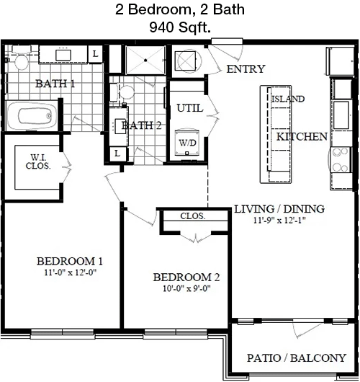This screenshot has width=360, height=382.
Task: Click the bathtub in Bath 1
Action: (x=32, y=116)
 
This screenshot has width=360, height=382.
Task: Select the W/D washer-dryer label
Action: (x=187, y=143)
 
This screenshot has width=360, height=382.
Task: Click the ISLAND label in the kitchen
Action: (x=288, y=99)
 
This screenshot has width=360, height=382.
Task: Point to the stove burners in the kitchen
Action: (x=341, y=159)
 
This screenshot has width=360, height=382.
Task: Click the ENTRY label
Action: (x=246, y=69)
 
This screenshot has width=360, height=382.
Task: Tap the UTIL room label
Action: (x=190, y=108)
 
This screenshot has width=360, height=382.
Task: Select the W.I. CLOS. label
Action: (x=38, y=161)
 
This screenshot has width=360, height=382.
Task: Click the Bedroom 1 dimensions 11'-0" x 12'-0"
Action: (x=71, y=272)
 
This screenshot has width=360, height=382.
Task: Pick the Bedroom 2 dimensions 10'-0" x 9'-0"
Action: (x=186, y=289)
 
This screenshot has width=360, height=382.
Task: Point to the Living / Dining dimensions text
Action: (x=279, y=221)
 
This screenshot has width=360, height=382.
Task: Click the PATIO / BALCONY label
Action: (x=297, y=358)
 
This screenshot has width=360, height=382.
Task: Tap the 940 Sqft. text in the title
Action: (x=180, y=27)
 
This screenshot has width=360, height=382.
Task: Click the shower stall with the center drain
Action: (x=145, y=60)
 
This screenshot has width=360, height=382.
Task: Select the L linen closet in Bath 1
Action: (x=95, y=53)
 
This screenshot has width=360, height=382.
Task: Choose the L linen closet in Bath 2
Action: (x=117, y=154)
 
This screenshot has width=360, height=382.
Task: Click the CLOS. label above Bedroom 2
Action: (x=192, y=216)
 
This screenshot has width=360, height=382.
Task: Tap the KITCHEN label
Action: (x=302, y=137)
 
